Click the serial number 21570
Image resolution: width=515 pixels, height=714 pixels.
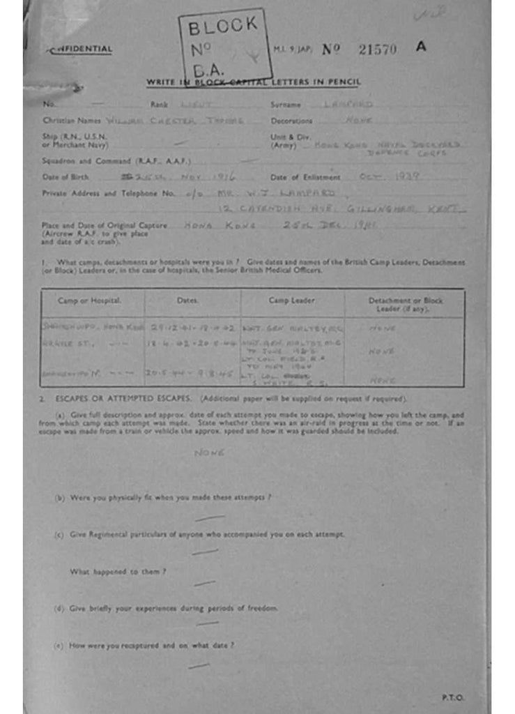click(x=377, y=49)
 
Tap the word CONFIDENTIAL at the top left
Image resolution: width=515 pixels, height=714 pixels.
click(x=80, y=50)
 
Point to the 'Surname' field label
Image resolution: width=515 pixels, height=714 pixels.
click(x=286, y=105)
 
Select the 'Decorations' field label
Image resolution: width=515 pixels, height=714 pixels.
click(x=291, y=121)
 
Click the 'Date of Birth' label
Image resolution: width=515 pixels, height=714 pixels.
click(x=66, y=176)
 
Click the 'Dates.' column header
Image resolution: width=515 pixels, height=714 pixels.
click(x=188, y=301)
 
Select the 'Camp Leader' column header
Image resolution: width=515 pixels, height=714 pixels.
click(x=291, y=301)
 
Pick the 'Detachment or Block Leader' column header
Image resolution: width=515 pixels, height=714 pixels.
click(x=405, y=304)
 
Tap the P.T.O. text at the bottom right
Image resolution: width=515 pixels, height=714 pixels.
click(x=452, y=697)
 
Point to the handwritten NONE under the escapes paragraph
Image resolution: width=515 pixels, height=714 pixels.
click(x=208, y=453)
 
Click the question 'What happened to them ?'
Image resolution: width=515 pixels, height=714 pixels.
click(x=117, y=572)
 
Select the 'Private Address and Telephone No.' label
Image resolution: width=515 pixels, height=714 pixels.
click(x=109, y=193)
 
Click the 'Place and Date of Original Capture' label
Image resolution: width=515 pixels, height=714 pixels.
click(x=105, y=225)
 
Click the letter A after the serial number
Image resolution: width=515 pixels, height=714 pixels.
click(x=420, y=47)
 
